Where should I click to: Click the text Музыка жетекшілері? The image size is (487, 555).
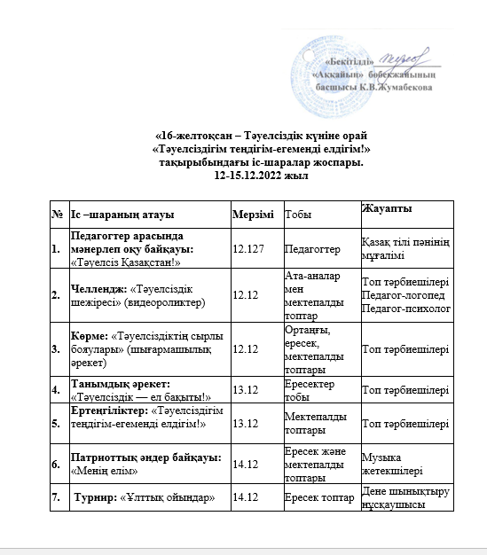[392, 464]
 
